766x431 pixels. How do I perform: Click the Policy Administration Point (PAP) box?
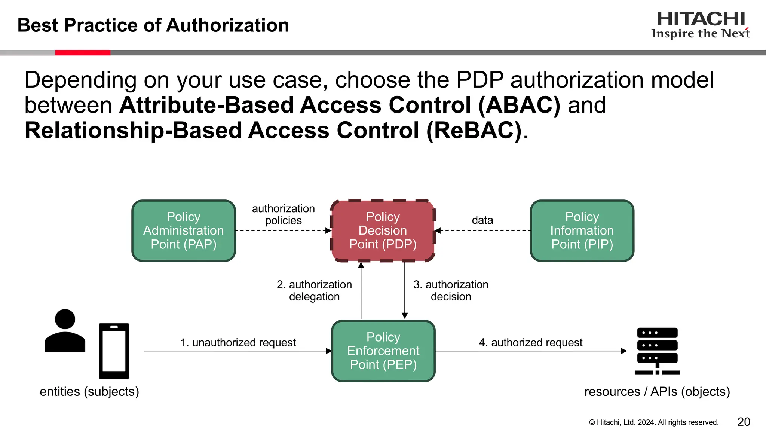(x=183, y=230)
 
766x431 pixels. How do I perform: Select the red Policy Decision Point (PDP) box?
(x=383, y=230)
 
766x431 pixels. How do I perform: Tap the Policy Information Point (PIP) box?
(x=582, y=230)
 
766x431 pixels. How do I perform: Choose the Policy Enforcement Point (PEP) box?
(x=383, y=351)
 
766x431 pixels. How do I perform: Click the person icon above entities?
(x=65, y=331)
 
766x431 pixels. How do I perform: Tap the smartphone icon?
(x=114, y=351)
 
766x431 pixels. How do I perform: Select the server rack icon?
(x=657, y=351)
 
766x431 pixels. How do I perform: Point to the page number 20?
(x=744, y=422)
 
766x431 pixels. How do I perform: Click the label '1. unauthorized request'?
(x=238, y=342)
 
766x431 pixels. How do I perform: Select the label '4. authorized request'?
(x=530, y=342)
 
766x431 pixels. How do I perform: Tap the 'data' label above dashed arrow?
(x=482, y=220)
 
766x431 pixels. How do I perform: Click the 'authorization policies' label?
(x=283, y=214)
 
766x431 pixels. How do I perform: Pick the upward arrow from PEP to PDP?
(x=361, y=290)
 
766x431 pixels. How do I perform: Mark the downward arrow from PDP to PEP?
(x=404, y=290)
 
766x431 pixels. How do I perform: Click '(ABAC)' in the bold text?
(x=519, y=105)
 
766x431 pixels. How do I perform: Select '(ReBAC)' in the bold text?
(x=474, y=131)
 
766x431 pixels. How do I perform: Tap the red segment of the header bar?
(x=83, y=53)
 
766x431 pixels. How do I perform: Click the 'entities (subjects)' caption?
(x=89, y=391)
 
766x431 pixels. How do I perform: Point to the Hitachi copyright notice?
(x=653, y=422)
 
